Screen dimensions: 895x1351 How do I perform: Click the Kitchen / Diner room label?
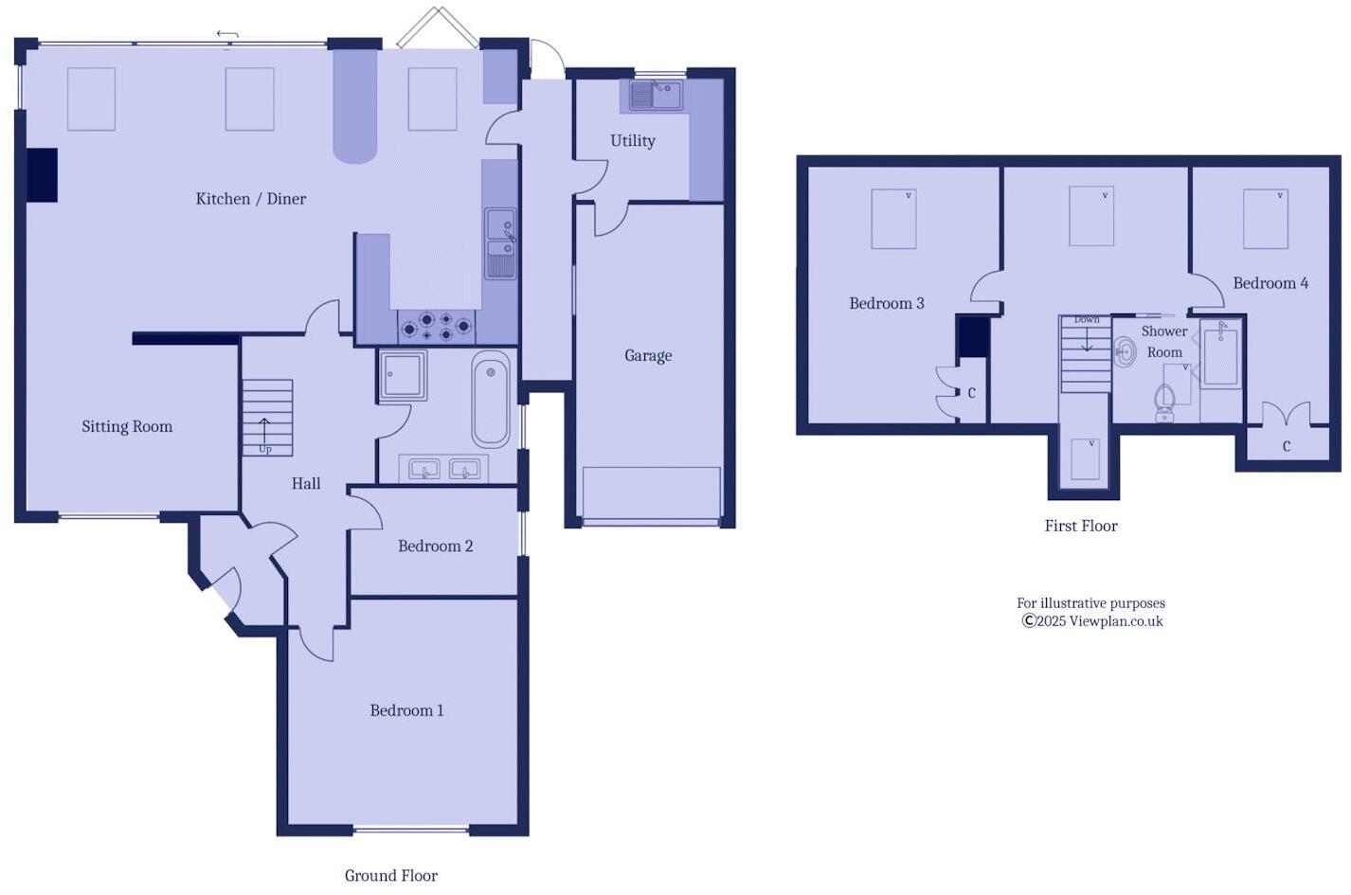[x=250, y=199]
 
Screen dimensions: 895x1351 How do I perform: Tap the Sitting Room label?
[x=127, y=427]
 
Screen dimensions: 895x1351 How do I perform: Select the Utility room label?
[x=632, y=141]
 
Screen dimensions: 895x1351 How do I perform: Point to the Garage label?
[x=648, y=356]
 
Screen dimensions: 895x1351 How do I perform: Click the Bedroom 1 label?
[x=406, y=710]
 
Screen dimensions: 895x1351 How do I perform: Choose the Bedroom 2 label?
[x=435, y=546]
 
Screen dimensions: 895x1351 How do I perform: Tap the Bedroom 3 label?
[x=886, y=304]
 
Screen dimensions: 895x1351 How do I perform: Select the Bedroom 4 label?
[x=1270, y=283]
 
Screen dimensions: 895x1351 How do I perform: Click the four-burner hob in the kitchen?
[x=436, y=327]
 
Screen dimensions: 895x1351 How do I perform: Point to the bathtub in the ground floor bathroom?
[x=491, y=399]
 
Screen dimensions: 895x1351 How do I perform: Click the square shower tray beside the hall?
[x=404, y=375]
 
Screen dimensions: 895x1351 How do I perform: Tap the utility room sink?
[x=653, y=95]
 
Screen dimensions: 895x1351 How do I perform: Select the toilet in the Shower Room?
[x=1164, y=402]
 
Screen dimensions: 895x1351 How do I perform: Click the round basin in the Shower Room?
[x=1125, y=353]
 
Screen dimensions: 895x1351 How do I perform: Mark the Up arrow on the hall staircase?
[x=264, y=432]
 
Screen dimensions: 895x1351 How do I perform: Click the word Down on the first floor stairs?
[x=1087, y=320]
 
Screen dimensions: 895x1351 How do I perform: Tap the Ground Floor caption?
[x=390, y=876]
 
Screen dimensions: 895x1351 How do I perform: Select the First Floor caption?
[x=1080, y=526]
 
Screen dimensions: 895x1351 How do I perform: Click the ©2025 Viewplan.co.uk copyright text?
[x=1091, y=621]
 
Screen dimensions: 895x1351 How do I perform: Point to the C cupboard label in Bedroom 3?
[x=971, y=393]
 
